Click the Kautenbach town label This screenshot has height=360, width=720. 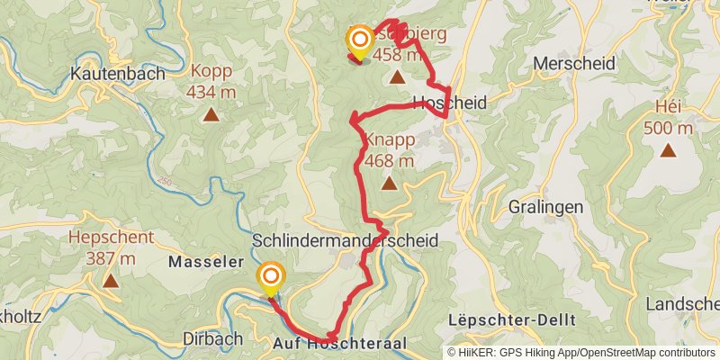pyautogui.click(x=120, y=73)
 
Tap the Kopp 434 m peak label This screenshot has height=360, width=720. pyautogui.click(x=210, y=81)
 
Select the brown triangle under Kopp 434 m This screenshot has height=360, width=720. pyautogui.click(x=211, y=114)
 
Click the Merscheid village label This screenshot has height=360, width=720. pyautogui.click(x=573, y=64)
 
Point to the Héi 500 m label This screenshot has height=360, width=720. pyautogui.click(x=668, y=118)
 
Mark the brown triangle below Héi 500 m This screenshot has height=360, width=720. pyautogui.click(x=668, y=149)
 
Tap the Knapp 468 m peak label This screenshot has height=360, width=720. pyautogui.click(x=389, y=150)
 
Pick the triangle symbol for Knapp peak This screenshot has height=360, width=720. pyautogui.click(x=389, y=184)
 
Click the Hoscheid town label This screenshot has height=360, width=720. pyautogui.click(x=449, y=103)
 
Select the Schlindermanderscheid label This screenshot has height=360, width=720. pyautogui.click(x=346, y=241)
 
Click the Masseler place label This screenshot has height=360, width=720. pyautogui.click(x=193, y=262)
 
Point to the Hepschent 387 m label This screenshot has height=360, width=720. pyautogui.click(x=111, y=247)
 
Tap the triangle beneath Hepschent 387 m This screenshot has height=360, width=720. pyautogui.click(x=111, y=281)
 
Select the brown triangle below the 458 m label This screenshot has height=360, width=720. pyautogui.click(x=397, y=78)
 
